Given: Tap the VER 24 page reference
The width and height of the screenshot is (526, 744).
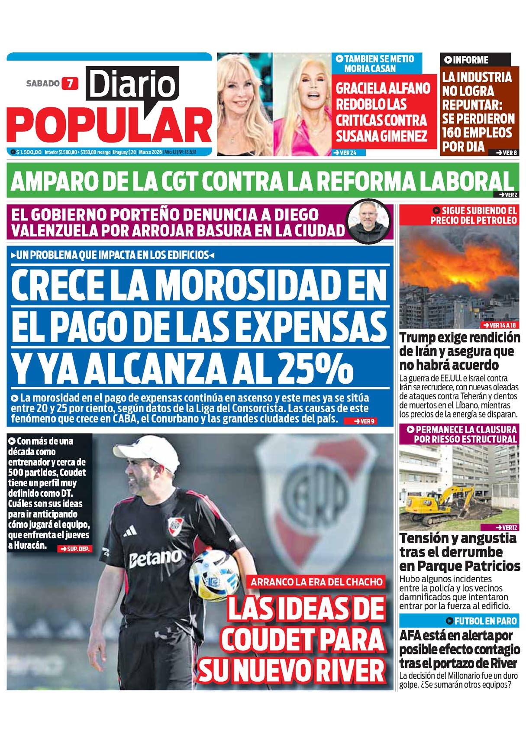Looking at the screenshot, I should pos(348,152).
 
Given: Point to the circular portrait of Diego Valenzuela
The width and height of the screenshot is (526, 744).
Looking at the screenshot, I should pos(369,222).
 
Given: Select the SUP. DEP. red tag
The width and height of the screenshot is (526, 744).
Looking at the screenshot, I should pos(74,549).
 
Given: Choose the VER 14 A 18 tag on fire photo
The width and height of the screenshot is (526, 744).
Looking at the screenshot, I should pos(500,325).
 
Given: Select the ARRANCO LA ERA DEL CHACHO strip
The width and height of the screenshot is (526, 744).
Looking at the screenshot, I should pos(316,582).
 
